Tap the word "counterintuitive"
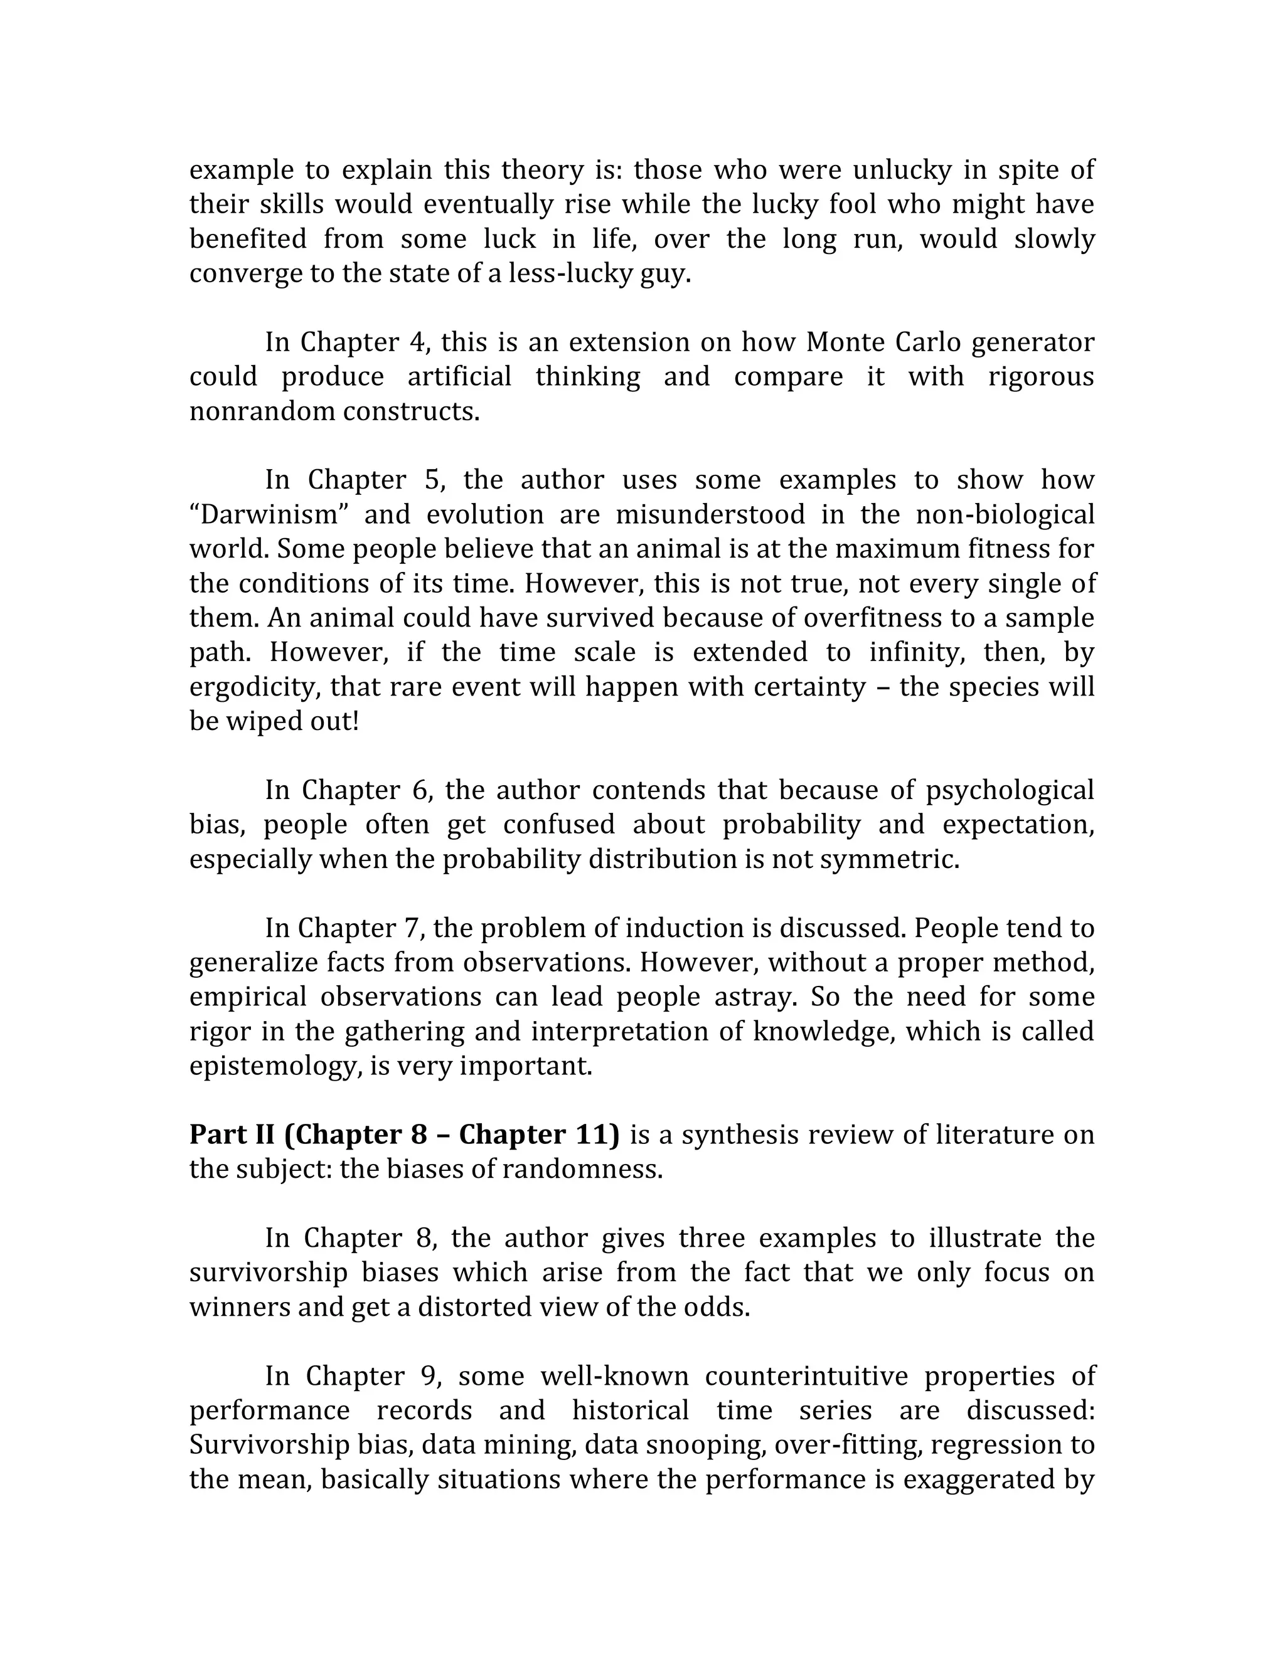tap(806, 1376)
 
